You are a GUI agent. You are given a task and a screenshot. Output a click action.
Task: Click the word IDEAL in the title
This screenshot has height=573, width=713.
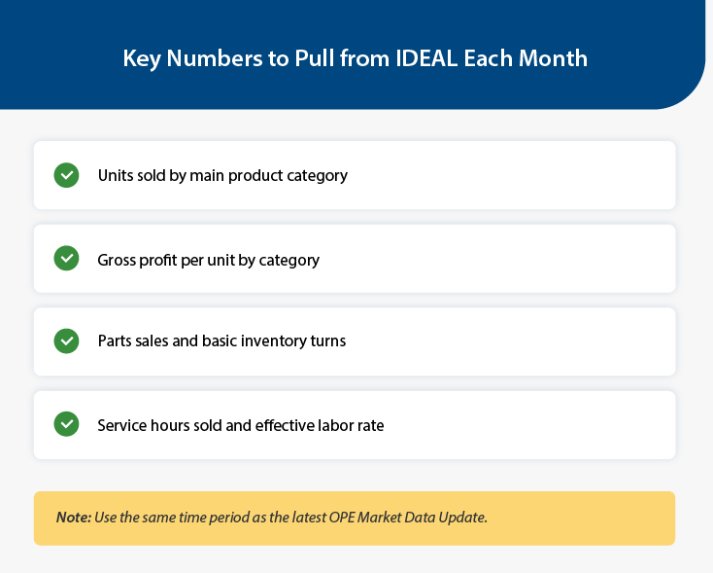426,58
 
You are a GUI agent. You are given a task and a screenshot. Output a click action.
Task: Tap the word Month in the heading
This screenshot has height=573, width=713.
553,58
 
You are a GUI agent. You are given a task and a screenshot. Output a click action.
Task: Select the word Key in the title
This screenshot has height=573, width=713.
142,59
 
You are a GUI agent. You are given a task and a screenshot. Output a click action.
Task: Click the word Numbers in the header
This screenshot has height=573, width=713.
215,58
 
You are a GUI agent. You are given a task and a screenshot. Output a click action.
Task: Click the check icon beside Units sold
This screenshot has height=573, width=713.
66,175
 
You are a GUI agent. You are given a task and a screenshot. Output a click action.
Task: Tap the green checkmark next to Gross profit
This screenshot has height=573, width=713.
66,258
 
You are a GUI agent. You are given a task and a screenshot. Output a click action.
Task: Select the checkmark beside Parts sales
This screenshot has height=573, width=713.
66,341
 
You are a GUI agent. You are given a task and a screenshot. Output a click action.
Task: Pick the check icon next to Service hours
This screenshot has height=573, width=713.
66,424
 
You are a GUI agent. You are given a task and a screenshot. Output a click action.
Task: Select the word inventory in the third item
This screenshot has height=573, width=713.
274,341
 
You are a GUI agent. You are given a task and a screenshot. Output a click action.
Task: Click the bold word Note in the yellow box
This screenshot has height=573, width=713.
74,518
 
